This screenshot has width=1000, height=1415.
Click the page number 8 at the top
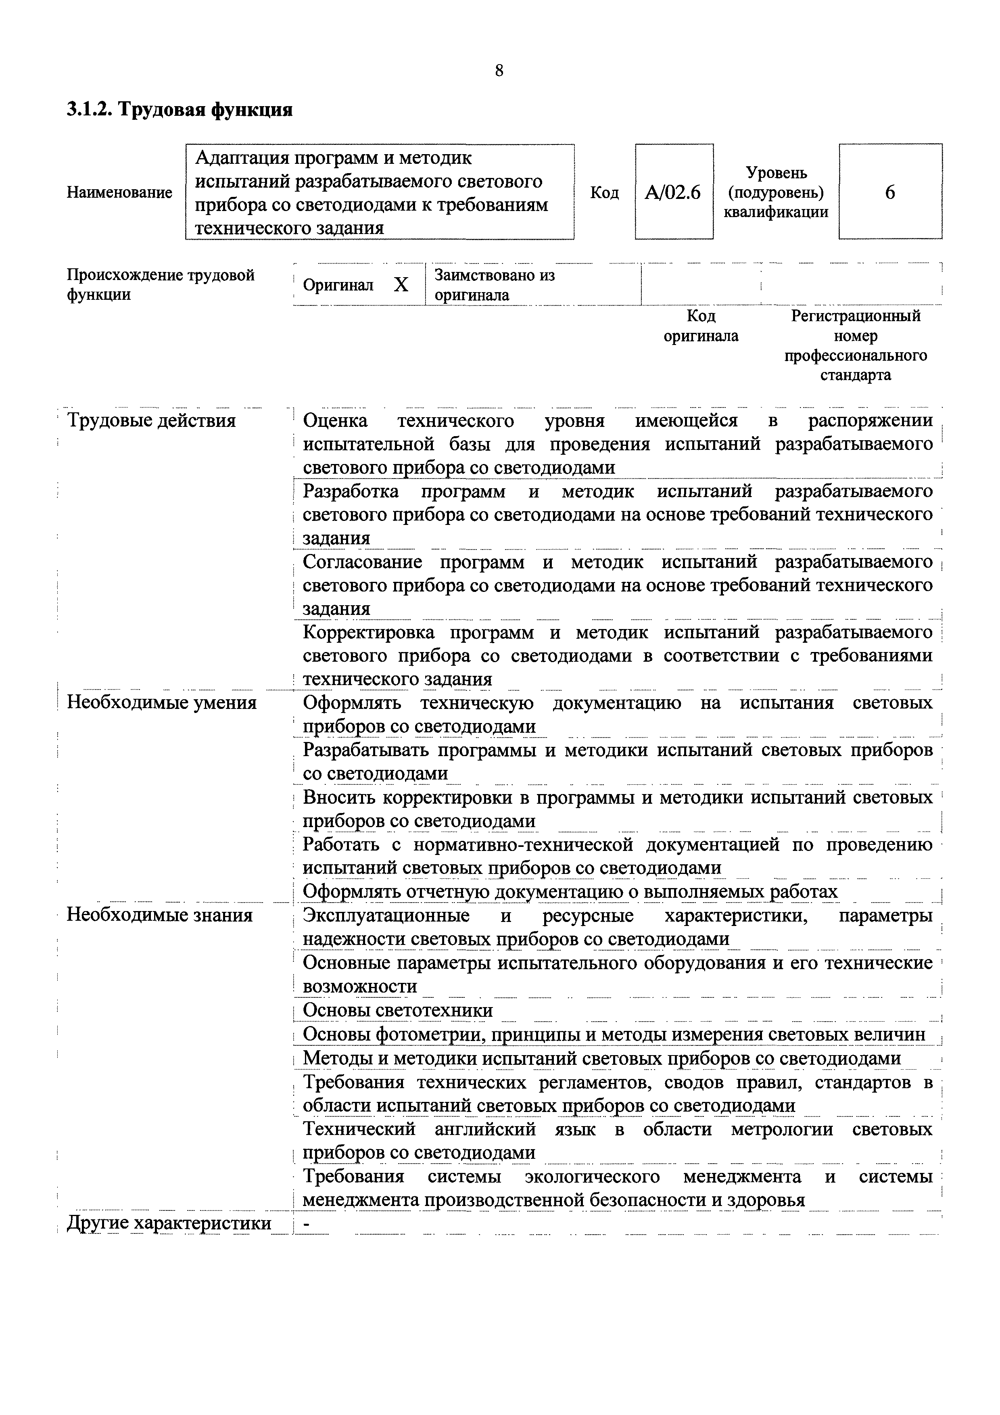pyautogui.click(x=499, y=71)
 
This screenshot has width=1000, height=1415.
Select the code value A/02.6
pyautogui.click(x=673, y=193)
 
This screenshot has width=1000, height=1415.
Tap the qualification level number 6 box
pyautogui.click(x=890, y=193)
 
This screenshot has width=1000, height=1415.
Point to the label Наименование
pyautogui.click(x=119, y=193)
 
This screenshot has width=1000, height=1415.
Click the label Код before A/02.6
pyautogui.click(x=604, y=193)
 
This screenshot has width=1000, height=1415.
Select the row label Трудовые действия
pyautogui.click(x=151, y=421)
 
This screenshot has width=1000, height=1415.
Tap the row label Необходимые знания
pyautogui.click(x=160, y=915)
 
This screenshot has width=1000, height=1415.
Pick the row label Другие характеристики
pyautogui.click(x=169, y=1223)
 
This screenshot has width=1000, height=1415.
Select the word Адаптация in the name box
pyautogui.click(x=242, y=159)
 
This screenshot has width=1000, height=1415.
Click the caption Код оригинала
pyautogui.click(x=701, y=326)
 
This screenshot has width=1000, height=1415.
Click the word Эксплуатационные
pyautogui.click(x=386, y=915)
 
